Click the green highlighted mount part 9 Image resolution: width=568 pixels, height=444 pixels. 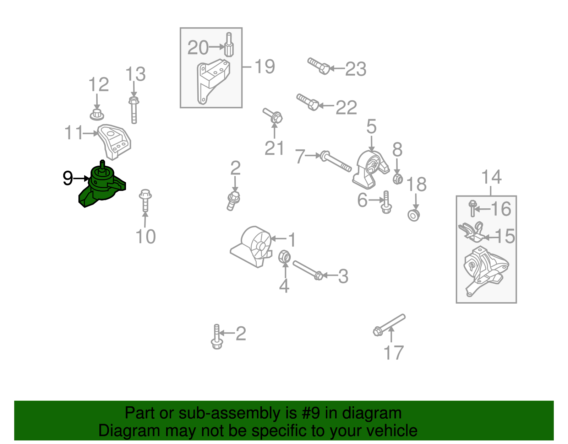[x=101, y=187]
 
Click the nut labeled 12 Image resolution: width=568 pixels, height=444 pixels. [x=97, y=115]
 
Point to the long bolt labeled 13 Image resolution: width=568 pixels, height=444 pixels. [x=134, y=110]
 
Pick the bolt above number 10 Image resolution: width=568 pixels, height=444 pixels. [x=145, y=201]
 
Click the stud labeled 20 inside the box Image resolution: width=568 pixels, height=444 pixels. [x=229, y=45]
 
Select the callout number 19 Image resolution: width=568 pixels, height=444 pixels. [x=264, y=66]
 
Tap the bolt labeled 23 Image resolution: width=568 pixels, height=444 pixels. [x=318, y=66]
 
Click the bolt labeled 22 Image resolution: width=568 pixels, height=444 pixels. [x=307, y=102]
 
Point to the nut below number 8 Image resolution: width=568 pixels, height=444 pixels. [x=398, y=179]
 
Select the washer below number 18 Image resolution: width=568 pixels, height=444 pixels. [x=414, y=215]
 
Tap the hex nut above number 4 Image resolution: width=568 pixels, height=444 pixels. [x=284, y=257]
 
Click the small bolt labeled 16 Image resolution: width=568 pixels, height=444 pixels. [x=473, y=208]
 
